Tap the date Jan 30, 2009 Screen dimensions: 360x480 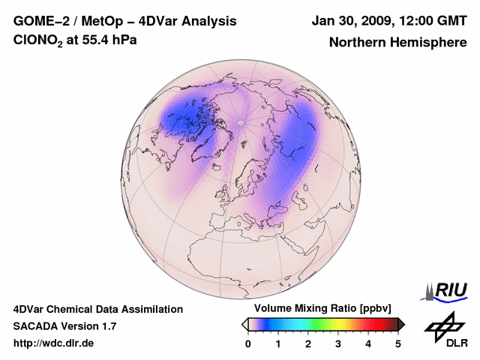352,20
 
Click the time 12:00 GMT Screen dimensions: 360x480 433,20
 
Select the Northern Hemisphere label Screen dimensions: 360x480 397,42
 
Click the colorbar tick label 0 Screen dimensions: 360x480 248,343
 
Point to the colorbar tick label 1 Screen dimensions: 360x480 278,343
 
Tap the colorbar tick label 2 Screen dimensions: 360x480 308,343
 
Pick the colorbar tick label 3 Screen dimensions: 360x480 338,343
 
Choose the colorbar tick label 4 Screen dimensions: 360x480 368,343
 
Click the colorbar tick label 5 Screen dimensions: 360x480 398,343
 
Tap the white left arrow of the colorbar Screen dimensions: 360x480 244,324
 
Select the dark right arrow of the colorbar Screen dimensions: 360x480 402,324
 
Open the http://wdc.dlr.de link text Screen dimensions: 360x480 54,343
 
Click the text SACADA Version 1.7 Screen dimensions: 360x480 64,326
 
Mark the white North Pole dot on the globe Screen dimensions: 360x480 241,122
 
